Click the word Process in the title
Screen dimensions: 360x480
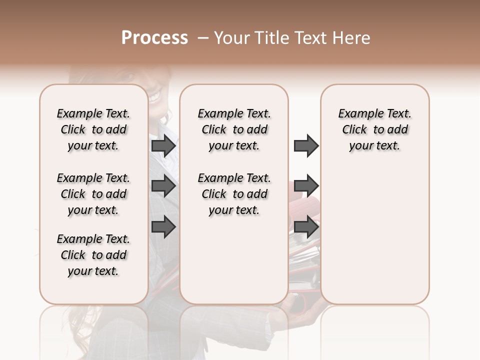154,38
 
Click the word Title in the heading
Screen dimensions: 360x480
271,38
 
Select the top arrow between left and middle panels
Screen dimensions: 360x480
163,146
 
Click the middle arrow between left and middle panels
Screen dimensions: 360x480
163,186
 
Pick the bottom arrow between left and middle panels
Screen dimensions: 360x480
163,227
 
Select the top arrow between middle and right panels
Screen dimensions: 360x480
306,146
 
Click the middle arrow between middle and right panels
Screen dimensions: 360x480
306,186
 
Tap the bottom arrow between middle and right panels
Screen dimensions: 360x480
306,227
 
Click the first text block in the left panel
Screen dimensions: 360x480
93,129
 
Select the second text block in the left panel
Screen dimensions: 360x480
93,194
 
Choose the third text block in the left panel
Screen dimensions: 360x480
93,255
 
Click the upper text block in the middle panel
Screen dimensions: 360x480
234,129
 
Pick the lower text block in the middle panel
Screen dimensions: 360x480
234,194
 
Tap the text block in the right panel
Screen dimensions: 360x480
375,129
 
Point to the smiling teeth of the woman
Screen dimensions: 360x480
154,94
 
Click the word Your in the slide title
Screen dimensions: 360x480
232,38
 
